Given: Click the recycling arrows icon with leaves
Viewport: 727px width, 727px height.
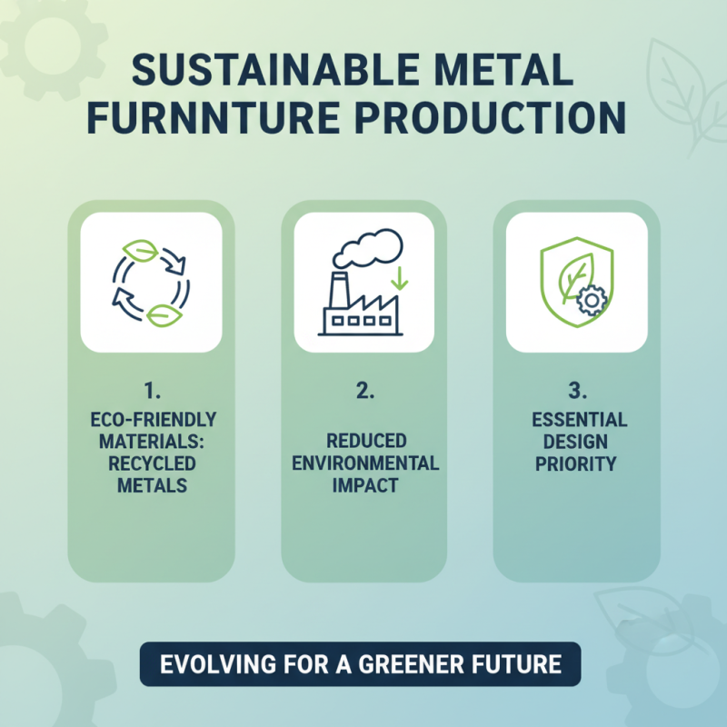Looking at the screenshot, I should (151, 282).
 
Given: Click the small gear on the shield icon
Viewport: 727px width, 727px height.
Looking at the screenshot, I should (593, 299).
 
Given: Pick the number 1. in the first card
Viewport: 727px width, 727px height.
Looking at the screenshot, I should (151, 392).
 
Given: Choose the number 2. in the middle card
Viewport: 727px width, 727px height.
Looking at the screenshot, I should (363, 392).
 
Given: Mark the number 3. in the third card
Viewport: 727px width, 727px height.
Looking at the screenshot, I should (576, 392).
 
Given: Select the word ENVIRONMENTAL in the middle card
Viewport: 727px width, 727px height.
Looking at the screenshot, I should (363, 463).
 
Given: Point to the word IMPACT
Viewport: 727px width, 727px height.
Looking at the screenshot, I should (363, 485).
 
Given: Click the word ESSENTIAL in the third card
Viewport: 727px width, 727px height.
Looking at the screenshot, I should (576, 420).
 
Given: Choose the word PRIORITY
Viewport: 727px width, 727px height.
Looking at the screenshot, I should (576, 463).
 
